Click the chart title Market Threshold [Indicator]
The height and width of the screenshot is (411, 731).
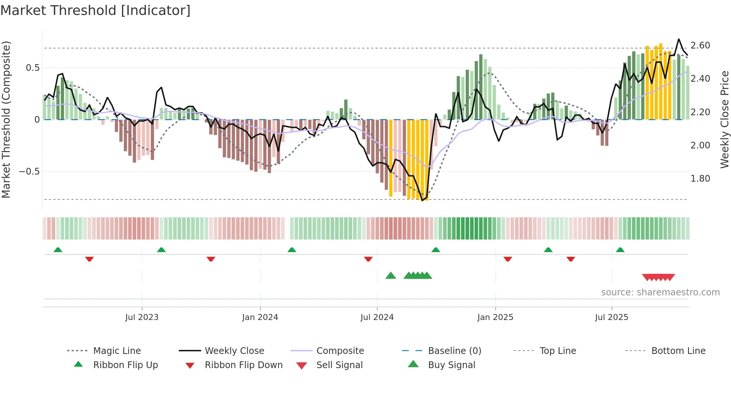click(x=95, y=10)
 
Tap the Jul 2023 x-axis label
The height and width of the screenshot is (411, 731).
click(x=142, y=317)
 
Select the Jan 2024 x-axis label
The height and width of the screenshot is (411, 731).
click(x=260, y=317)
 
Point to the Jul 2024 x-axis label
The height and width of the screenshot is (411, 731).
click(x=377, y=317)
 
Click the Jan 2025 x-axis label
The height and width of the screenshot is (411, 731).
click(x=495, y=317)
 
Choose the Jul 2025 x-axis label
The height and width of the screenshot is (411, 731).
click(x=612, y=317)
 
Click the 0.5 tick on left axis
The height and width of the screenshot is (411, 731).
click(x=32, y=68)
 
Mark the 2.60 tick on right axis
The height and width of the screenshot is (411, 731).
click(x=700, y=46)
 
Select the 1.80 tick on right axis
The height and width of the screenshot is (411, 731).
click(x=700, y=179)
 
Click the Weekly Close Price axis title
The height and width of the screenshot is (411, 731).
click(x=724, y=119)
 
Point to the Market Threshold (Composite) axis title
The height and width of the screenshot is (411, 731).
click(x=6, y=119)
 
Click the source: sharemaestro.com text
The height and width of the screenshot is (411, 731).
click(x=660, y=292)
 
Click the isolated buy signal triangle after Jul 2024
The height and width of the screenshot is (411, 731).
click(x=390, y=276)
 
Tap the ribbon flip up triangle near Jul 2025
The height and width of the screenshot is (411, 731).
click(x=620, y=250)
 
